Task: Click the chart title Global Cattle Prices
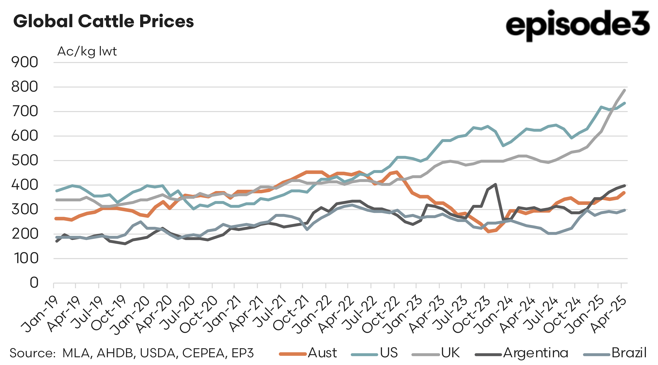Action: pyautogui.click(x=103, y=21)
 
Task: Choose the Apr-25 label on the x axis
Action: pyautogui.click(x=609, y=315)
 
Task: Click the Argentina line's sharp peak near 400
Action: pyautogui.click(x=496, y=184)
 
